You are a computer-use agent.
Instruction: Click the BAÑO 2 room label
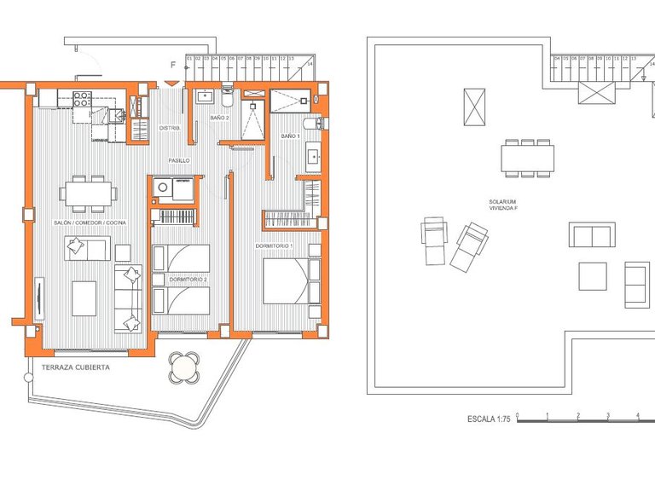click(x=219, y=118)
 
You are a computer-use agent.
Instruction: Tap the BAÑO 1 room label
click(x=290, y=136)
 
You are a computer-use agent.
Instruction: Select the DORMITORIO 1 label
click(x=274, y=246)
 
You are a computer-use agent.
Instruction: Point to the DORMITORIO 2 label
click(x=188, y=280)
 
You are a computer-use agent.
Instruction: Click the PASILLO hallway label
click(x=178, y=160)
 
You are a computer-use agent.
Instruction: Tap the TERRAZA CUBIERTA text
click(x=75, y=367)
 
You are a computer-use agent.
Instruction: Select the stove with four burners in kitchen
click(x=83, y=98)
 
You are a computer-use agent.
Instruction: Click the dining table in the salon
click(x=90, y=194)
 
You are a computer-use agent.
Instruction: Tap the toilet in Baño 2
click(x=227, y=91)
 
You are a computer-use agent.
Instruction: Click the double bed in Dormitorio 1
click(x=287, y=281)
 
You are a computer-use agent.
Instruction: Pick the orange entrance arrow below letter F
click(x=173, y=83)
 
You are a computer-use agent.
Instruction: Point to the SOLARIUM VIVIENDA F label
click(x=502, y=205)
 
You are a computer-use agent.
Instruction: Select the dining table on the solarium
click(x=528, y=158)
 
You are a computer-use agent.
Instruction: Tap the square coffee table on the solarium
click(x=593, y=275)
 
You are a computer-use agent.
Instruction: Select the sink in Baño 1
click(x=313, y=157)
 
